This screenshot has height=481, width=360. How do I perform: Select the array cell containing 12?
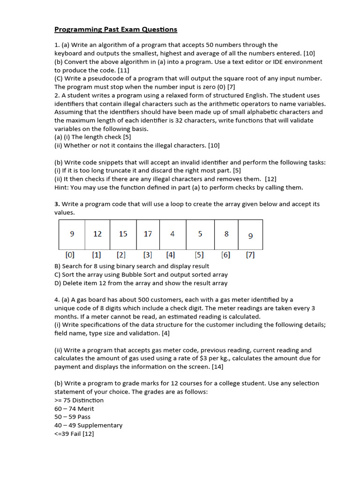(97, 234)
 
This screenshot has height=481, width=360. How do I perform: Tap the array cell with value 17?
(148, 234)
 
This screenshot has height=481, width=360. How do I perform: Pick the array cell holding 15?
(123, 234)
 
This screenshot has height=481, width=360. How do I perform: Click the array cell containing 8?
(226, 234)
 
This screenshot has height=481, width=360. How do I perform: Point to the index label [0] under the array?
(70, 255)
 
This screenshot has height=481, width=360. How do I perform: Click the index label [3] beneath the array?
(148, 255)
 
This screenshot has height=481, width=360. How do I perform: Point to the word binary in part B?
(131, 266)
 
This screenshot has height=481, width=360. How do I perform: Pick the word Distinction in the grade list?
(88, 400)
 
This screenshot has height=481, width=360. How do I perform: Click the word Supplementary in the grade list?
(100, 426)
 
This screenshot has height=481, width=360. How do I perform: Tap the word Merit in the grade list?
(86, 409)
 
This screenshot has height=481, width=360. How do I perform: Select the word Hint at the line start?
(61, 188)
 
